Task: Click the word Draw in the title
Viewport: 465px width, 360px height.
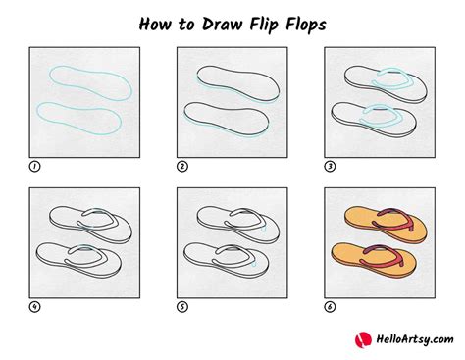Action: [x=221, y=25]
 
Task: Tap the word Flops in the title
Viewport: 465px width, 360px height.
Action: [x=306, y=26]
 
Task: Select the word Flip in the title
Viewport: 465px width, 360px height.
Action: [x=264, y=26]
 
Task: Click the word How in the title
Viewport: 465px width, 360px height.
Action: [x=155, y=25]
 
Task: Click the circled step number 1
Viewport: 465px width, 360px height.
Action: [x=34, y=167]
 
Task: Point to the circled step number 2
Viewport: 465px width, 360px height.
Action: [x=182, y=167]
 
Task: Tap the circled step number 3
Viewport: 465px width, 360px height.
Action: [x=330, y=167]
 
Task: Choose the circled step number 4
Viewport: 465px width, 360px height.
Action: [x=34, y=307]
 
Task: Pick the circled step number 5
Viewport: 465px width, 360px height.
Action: [x=182, y=307]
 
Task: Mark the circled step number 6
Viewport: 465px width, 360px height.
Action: [x=330, y=307]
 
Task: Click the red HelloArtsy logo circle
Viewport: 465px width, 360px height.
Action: [x=363, y=339]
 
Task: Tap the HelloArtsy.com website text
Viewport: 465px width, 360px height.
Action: [x=415, y=339]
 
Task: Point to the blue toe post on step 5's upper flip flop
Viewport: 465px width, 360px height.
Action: [x=264, y=229]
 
